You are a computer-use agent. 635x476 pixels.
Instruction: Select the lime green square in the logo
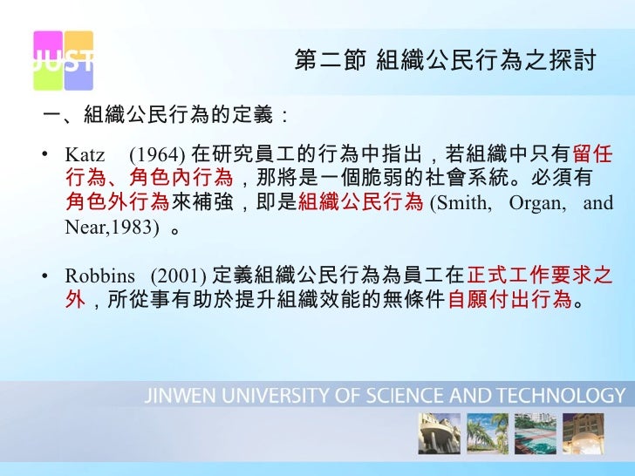[47, 76]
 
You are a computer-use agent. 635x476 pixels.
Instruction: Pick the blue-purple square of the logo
[79, 76]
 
